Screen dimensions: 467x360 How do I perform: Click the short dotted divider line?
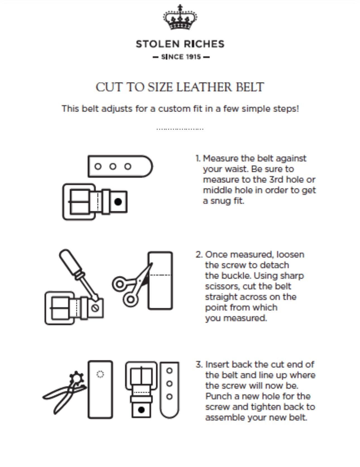[x=180, y=129]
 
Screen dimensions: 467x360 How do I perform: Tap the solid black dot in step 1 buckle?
[x=118, y=201]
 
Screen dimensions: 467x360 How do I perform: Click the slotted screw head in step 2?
[x=95, y=308]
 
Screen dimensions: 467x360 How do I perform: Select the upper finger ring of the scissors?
[x=119, y=284]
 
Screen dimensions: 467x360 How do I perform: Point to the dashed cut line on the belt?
[x=161, y=275]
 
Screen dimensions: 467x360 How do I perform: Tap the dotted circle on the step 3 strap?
[x=100, y=374]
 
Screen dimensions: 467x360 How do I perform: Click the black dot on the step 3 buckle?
[x=141, y=410]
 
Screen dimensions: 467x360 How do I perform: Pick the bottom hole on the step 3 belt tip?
[x=169, y=397]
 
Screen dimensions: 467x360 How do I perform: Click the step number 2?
[x=198, y=255]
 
